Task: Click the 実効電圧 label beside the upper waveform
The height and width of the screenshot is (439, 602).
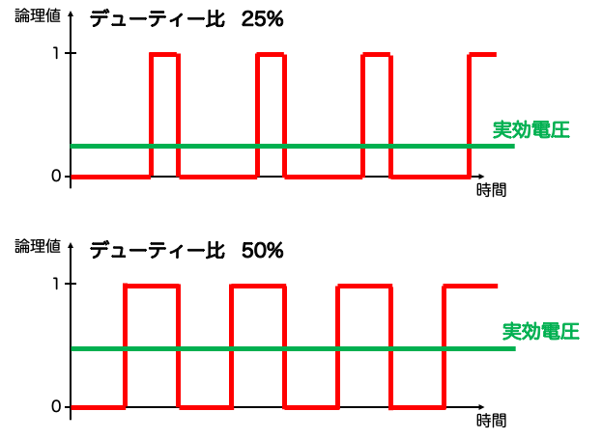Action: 531,130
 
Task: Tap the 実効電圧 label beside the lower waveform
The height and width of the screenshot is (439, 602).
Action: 540,332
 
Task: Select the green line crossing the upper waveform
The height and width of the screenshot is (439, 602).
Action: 290,146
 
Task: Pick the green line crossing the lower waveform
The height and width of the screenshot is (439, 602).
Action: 290,348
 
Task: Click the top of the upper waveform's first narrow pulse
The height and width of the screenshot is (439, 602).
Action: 164,55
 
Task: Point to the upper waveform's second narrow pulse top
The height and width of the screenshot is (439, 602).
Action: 271,55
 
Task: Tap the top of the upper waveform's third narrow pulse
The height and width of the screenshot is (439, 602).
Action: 376,55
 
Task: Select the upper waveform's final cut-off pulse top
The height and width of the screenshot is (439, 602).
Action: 482,55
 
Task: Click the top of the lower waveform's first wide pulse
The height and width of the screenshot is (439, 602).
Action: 152,287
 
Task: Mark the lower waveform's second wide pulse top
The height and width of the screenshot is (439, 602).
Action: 258,287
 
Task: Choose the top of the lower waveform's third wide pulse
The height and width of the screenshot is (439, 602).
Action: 364,287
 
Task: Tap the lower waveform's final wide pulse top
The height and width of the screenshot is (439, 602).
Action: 471,287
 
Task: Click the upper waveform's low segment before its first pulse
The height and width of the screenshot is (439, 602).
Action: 110,177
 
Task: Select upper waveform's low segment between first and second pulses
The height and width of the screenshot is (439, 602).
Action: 217,177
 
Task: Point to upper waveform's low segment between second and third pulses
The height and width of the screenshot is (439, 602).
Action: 323,177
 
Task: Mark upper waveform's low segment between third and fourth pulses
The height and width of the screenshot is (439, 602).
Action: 430,177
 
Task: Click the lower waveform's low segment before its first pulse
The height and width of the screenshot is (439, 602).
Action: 98,407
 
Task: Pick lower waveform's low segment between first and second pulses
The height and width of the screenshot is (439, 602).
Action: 205,407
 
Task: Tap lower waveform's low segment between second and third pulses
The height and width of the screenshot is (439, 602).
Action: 311,407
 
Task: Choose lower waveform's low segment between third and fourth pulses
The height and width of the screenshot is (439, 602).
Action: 417,407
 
